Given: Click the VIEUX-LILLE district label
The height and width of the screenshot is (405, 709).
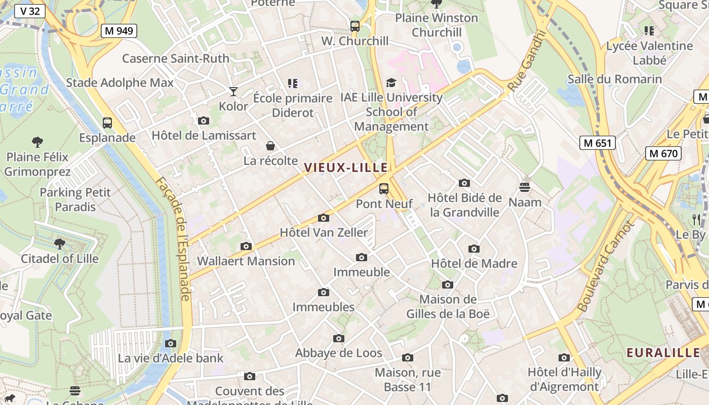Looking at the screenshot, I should pos(346,168).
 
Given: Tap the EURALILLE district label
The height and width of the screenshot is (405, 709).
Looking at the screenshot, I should pos(663,353).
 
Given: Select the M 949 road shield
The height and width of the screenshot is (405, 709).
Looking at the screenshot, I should pos(119,31).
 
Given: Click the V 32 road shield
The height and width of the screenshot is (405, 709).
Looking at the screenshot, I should pos(30,11).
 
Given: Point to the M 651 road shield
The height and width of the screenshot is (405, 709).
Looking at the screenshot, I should pos(598,143).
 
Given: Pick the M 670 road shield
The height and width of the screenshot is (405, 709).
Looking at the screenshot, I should pos(663,153).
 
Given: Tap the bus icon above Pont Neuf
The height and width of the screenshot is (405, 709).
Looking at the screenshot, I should pos(384,189).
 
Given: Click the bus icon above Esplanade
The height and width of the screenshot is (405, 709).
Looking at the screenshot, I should pos(107,123).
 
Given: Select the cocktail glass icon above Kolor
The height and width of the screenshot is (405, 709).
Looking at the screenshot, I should pos(233,92).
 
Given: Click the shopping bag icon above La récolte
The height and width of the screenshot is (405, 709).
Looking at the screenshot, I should pos(270,146).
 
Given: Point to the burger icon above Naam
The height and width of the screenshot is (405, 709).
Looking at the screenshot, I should pos(525,187).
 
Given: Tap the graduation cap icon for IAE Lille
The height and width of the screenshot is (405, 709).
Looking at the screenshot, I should pos(391,83).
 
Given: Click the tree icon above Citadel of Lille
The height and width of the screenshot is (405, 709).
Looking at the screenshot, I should pos(60,244).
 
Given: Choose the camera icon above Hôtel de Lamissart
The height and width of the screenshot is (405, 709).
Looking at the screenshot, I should pos(204,120).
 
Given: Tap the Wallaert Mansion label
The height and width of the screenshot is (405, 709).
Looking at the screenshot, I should pos(246,261).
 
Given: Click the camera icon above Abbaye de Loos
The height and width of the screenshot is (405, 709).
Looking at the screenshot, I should pos(339,338).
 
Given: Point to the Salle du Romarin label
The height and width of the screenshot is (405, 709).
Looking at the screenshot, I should pos(614,79).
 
